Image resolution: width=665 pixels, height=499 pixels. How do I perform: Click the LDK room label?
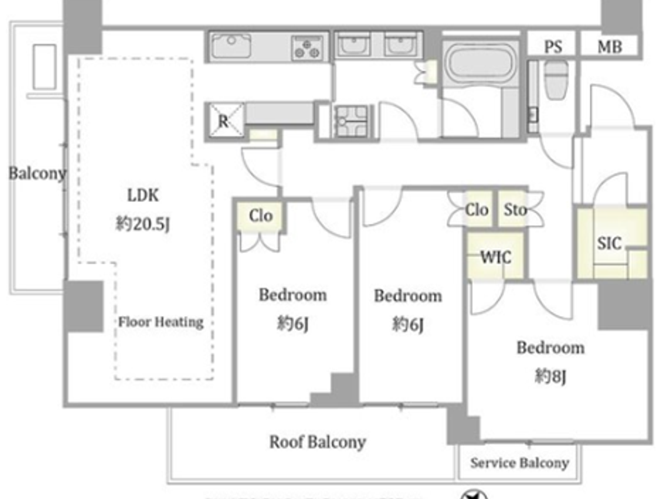(x=143, y=195)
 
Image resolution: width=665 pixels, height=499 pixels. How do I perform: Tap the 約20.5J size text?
(x=142, y=223)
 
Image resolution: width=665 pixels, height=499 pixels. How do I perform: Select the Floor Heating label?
(x=161, y=322)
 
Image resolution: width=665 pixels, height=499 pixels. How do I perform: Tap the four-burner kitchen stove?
(x=307, y=48)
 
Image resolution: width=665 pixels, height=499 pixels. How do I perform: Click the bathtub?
(x=481, y=62)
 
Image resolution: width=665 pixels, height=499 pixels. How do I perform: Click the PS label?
(x=553, y=47)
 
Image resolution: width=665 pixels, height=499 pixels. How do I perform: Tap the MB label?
(x=610, y=47)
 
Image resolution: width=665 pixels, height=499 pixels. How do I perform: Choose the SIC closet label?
(x=609, y=243)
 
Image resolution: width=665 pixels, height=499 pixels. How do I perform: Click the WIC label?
(x=496, y=257)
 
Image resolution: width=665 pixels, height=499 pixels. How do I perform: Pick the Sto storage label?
(x=515, y=210)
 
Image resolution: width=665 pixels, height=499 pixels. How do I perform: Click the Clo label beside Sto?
(x=476, y=210)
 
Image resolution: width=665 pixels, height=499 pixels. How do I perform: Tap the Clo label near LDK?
(x=261, y=216)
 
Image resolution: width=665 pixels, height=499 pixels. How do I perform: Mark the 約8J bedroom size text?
(x=550, y=376)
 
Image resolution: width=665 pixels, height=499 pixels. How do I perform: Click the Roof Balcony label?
(x=317, y=442)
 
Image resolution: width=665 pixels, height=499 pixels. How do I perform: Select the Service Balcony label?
(x=520, y=463)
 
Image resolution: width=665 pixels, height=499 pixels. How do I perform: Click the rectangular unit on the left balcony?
(x=45, y=67)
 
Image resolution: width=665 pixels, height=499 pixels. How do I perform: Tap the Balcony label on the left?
(x=37, y=173)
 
